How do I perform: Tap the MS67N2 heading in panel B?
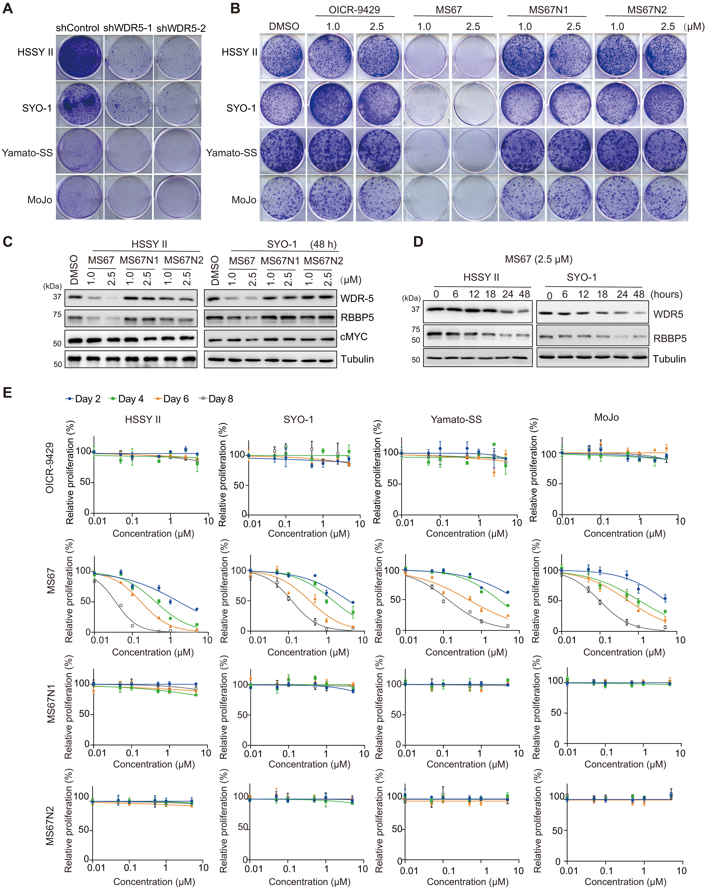pyautogui.click(x=647, y=10)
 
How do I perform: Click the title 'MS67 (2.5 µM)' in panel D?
pyautogui.click(x=538, y=259)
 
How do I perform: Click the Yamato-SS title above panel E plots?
pyautogui.click(x=456, y=419)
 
